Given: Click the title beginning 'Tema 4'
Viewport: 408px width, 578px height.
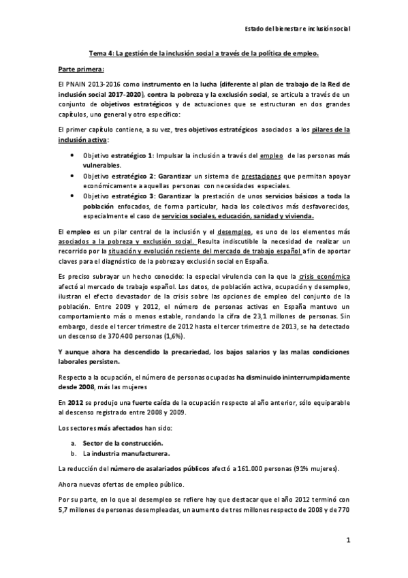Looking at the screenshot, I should coord(204,54).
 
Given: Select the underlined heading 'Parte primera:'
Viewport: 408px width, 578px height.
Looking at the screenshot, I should coord(81,69).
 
